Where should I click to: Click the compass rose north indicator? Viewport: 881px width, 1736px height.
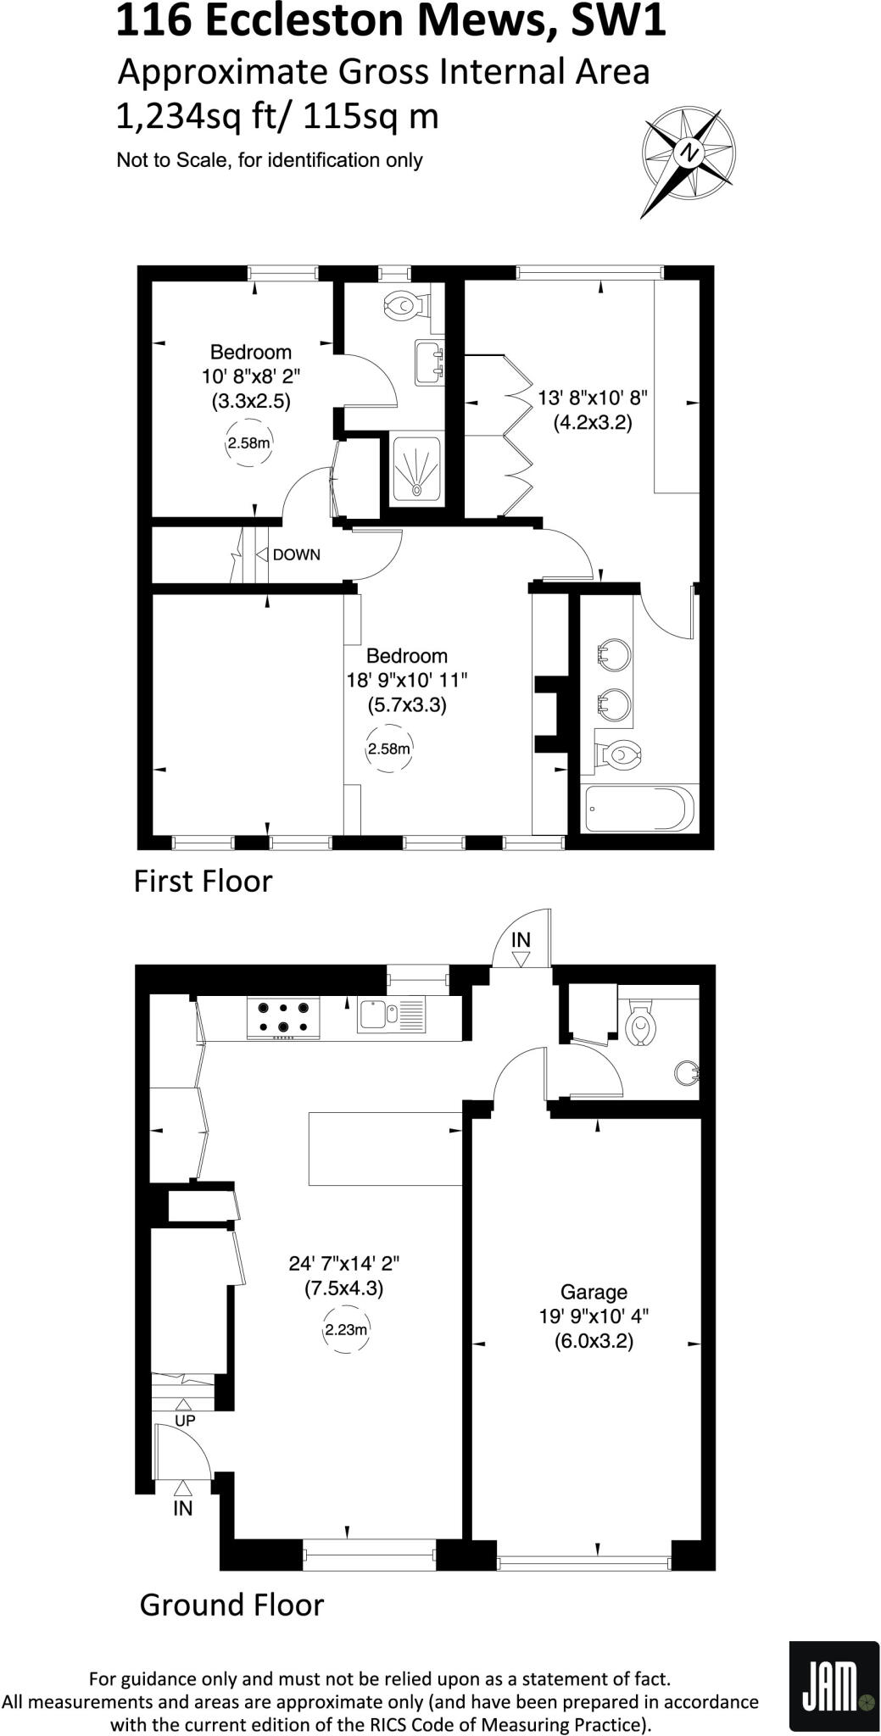coord(689,153)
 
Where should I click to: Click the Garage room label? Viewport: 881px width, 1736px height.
coord(594,1292)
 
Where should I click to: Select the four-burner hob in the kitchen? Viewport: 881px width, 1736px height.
coord(283,1017)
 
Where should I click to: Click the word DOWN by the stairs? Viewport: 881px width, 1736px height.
coord(296,555)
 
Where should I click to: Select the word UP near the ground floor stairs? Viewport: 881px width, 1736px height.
coord(185,1420)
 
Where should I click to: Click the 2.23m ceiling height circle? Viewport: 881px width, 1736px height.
coord(346,1330)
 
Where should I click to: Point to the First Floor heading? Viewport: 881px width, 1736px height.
coord(203,882)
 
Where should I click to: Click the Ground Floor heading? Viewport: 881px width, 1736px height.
coord(231,1605)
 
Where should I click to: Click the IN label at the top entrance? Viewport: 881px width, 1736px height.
coord(521,939)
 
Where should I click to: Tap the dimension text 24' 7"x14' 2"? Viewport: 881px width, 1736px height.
coord(344,1263)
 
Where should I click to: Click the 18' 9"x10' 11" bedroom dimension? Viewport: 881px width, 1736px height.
coord(406,680)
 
